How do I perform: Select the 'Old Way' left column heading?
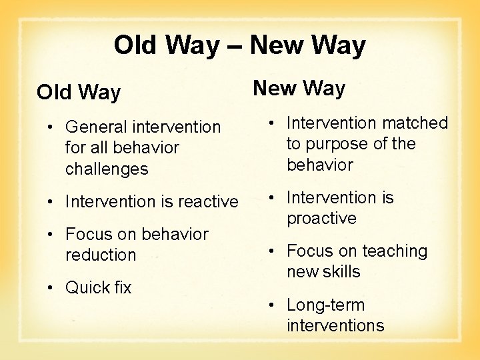(x=79, y=92)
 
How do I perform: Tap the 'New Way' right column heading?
(x=298, y=88)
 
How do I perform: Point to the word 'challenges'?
(x=107, y=169)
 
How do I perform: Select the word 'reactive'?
(x=207, y=201)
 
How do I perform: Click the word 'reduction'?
(x=101, y=255)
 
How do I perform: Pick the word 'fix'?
(x=122, y=288)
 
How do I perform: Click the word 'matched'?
(x=416, y=123)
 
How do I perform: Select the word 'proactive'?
(x=321, y=219)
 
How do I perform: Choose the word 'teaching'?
(x=393, y=251)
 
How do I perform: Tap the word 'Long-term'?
(x=326, y=305)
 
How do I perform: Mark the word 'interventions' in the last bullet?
(x=335, y=326)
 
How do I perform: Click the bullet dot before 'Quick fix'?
(x=53, y=288)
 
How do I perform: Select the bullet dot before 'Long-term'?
(x=273, y=305)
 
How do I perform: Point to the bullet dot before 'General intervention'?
(x=53, y=127)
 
